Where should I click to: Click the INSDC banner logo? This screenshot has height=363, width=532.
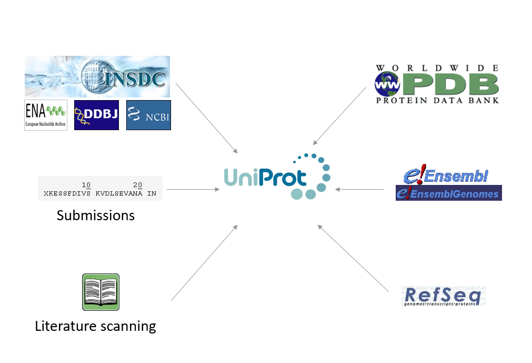coord(97,77)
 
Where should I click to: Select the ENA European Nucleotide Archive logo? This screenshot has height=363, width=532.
coord(46,115)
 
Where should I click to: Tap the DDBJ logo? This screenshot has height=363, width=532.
coord(96,115)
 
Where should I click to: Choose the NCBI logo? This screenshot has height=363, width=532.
coord(148,115)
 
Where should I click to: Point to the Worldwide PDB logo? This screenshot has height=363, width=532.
coord(437,84)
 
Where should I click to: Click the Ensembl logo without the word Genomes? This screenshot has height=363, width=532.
coord(445,176)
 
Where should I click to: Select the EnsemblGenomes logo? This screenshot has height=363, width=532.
coord(448,193)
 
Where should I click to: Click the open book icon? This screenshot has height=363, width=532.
coord(101,292)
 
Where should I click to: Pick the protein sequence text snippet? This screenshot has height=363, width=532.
coord(100,189)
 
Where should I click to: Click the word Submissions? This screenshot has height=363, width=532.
coord(96,215)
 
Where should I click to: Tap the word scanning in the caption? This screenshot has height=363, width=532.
coord(127,327)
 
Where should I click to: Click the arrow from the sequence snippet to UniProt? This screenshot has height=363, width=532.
coord(193,189)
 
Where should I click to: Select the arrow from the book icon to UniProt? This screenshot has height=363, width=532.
coord(204,263)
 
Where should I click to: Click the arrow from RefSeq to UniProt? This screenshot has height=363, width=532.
coord(353,259)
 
